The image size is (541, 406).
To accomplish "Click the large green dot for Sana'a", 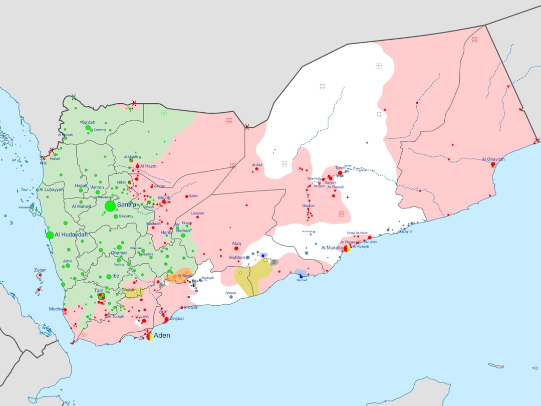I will (110, 206).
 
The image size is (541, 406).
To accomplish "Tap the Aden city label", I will (161, 335).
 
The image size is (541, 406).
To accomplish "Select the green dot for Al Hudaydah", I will (50, 235).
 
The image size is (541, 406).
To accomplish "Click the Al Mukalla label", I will (332, 248).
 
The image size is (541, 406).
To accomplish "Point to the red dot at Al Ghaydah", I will (493, 164).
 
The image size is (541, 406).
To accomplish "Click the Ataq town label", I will (236, 244).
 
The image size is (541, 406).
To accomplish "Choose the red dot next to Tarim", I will (341, 173).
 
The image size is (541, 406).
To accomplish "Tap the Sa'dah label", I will (88, 122).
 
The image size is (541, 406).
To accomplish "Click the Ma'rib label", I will (164, 198).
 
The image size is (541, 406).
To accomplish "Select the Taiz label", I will (99, 290).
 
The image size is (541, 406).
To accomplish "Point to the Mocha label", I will (56, 309).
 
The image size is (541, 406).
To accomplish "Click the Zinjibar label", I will (178, 319).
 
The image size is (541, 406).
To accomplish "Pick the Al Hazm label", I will (148, 166).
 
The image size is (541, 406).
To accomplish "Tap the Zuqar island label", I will (40, 270).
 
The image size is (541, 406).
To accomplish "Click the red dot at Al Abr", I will (257, 169).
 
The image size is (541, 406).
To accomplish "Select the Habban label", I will (237, 257).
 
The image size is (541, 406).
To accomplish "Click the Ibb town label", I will (116, 276).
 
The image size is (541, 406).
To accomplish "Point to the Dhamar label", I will (119, 253).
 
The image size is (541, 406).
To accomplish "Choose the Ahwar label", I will (230, 292).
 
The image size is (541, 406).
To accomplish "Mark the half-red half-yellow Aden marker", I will (150, 337).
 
